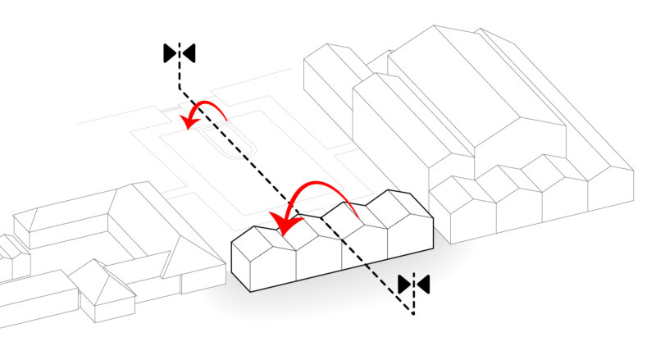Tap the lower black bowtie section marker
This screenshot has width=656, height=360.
click(413, 284)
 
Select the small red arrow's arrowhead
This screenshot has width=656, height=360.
click(190, 123)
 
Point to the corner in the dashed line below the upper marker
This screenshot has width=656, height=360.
click(180, 88)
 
